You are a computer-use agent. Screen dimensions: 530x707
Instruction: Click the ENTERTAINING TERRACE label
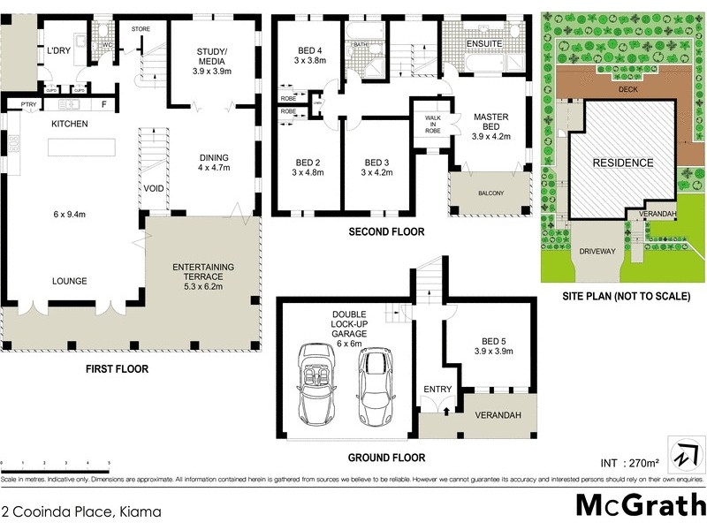click(203, 275)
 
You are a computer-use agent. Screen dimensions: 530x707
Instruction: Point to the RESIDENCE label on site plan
click(622, 163)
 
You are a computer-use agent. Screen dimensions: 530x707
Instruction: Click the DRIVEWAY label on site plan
click(597, 251)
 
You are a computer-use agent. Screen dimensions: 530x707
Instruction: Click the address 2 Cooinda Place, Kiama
click(72, 511)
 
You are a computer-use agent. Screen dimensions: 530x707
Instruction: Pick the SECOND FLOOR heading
click(386, 232)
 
